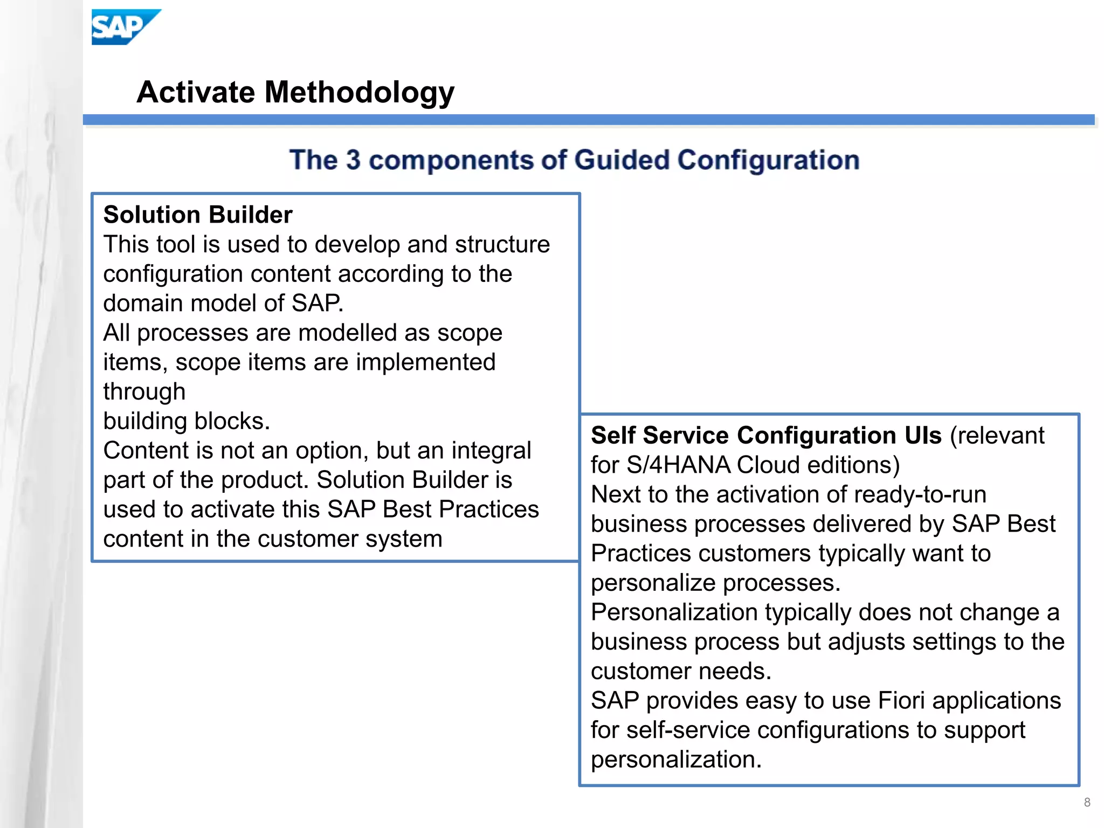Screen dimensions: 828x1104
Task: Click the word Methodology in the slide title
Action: [359, 92]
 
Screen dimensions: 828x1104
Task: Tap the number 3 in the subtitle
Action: [353, 160]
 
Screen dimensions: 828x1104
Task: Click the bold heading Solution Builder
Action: [198, 215]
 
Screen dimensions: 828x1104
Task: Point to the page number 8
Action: [1087, 802]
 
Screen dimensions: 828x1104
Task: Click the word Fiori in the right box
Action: [901, 700]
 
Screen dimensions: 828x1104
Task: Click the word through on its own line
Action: [144, 391]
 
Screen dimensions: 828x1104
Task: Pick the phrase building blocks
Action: [186, 421]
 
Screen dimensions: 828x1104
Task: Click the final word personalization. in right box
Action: [676, 760]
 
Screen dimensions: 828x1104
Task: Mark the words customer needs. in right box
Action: [681, 671]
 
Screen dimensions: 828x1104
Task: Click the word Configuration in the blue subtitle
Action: [768, 160]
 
